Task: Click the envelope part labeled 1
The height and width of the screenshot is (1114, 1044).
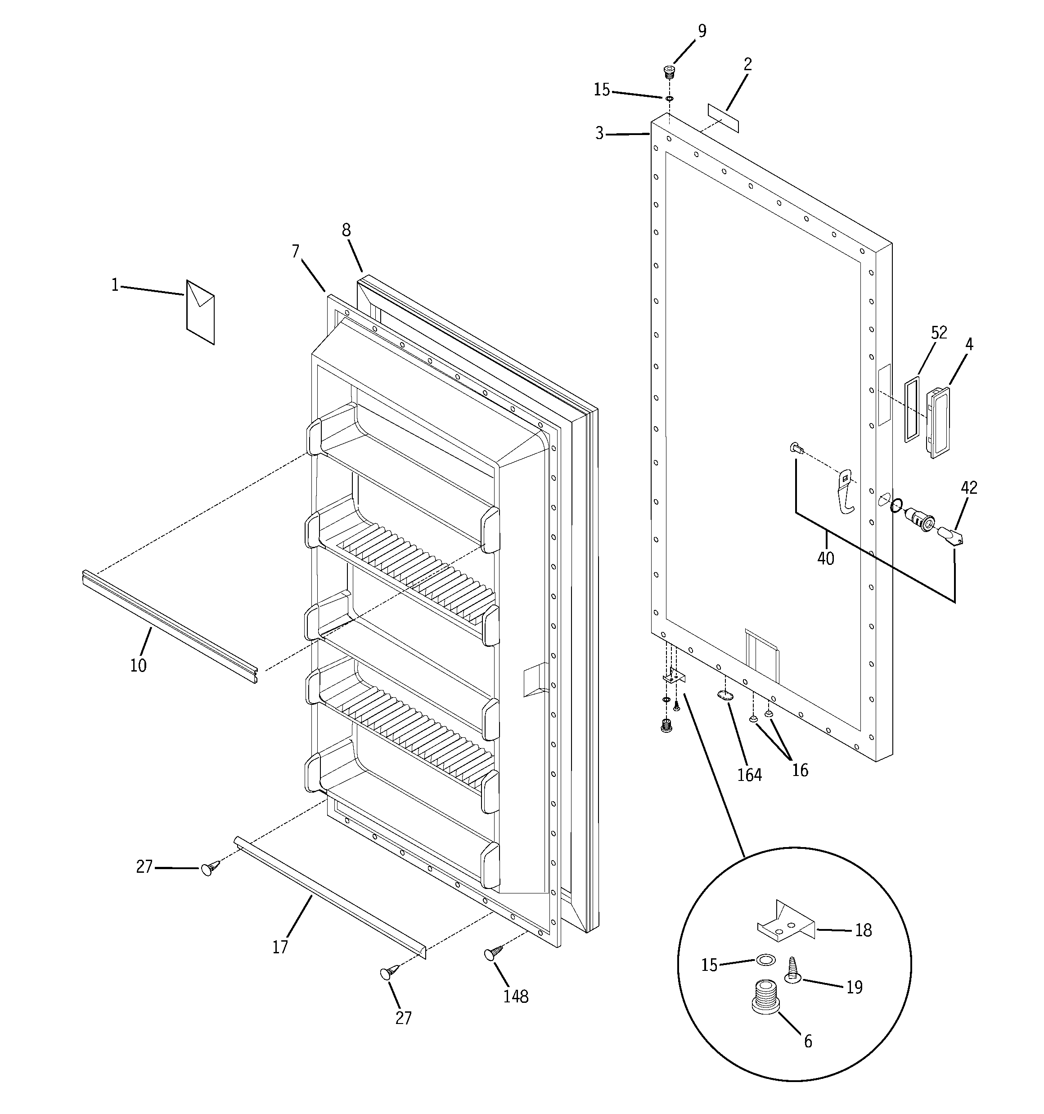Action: [x=200, y=312]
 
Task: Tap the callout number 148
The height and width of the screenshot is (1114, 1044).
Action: [x=516, y=997]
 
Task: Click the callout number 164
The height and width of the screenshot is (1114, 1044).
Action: [x=749, y=775]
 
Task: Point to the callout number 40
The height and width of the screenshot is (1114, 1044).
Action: [x=825, y=558]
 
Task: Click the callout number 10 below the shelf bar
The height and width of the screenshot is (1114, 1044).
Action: [x=139, y=665]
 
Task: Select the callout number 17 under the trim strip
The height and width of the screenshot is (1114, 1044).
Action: [x=280, y=947]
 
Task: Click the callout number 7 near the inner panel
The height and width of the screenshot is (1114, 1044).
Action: [x=296, y=251]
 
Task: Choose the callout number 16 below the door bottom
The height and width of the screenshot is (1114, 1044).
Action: [x=800, y=771]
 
